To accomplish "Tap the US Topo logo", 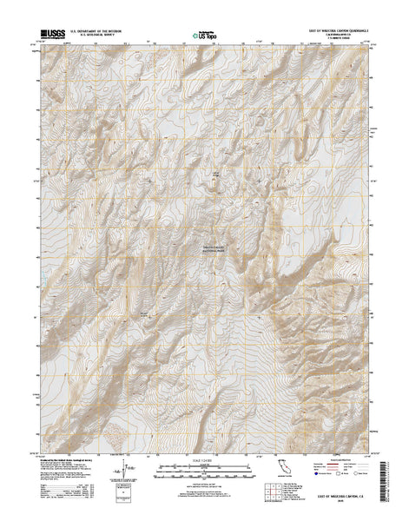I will (206, 36).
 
